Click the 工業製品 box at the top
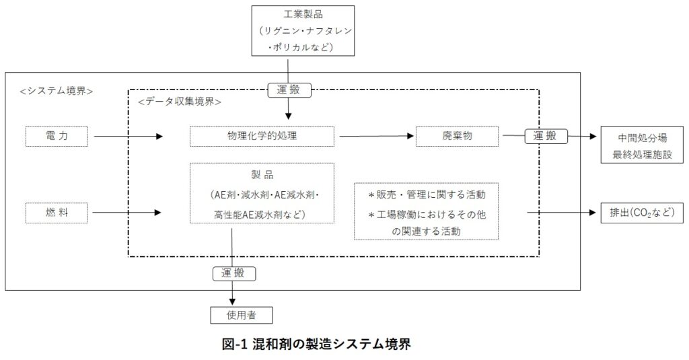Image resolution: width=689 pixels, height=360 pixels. click(301, 30)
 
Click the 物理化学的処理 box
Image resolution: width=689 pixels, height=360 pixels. click(262, 136)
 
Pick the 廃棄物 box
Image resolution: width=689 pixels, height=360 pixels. click(458, 136)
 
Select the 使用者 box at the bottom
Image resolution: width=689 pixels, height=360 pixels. click(232, 314)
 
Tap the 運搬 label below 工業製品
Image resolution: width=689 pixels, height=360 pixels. click(288, 89)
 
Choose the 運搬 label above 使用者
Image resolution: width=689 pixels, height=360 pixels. click(233, 273)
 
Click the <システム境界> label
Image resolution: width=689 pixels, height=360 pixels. click(57, 91)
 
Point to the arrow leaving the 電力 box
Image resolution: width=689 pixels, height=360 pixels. click(128, 136)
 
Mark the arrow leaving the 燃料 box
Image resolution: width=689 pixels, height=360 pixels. click(128, 213)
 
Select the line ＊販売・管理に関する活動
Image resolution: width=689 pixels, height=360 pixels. click(426, 194)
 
